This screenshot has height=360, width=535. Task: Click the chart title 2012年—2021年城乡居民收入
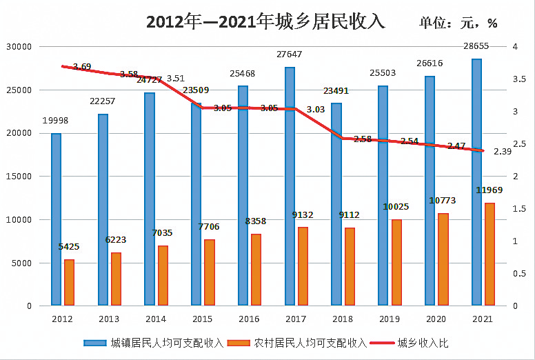(265, 21)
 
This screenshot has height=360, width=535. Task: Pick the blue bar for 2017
(290, 186)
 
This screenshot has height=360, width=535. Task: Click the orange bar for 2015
(209, 272)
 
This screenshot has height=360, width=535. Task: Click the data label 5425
(69, 246)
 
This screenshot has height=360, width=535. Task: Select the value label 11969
(489, 190)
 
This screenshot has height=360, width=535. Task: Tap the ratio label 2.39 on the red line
(502, 152)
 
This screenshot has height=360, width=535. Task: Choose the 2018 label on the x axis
(342, 319)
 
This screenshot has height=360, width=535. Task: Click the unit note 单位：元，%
(458, 23)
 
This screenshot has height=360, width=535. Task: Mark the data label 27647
(290, 54)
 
